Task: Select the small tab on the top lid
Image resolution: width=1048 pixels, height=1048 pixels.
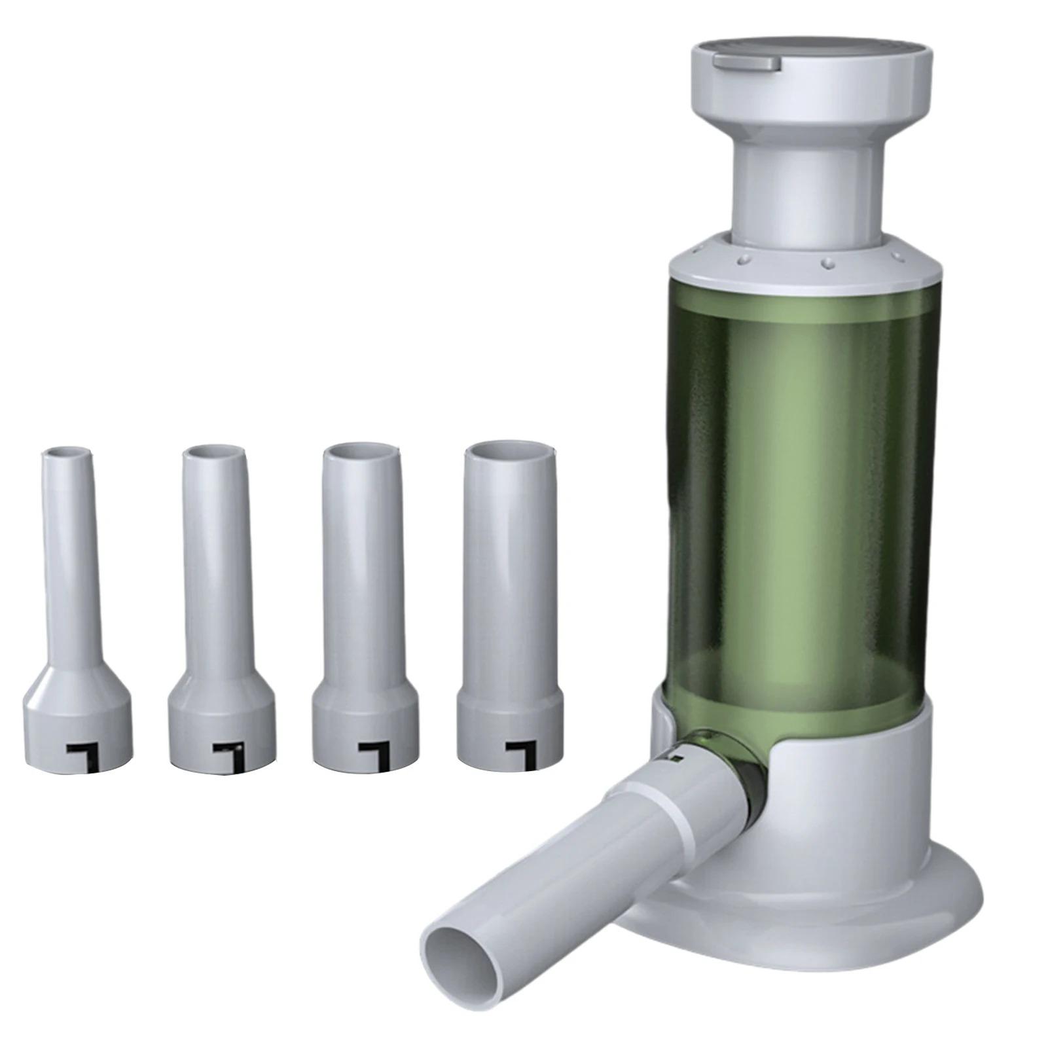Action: click(x=747, y=62)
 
